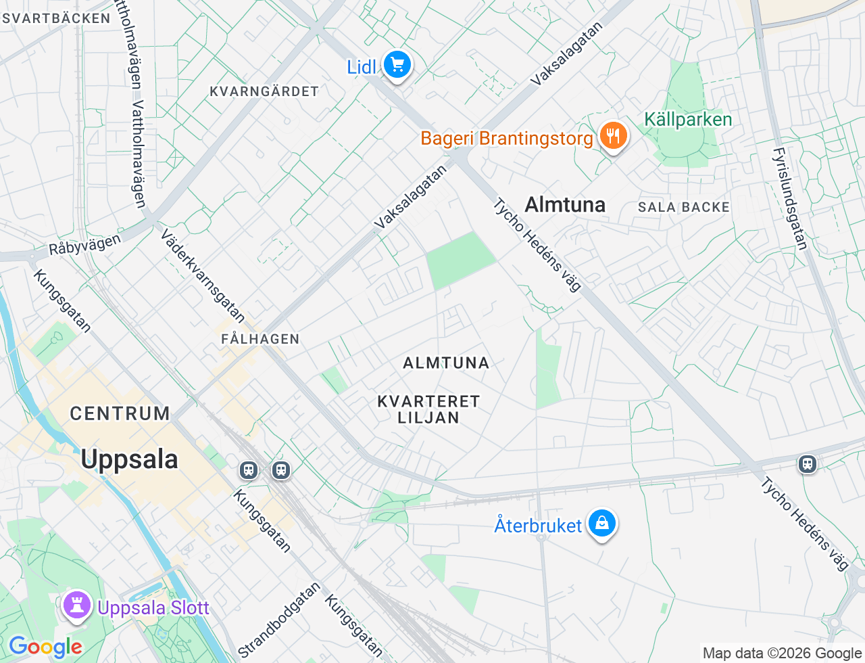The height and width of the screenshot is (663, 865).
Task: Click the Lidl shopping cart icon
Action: point(397,66)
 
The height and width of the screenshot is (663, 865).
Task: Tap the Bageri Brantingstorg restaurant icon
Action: point(613,136)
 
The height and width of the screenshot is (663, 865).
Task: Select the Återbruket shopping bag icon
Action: point(601,524)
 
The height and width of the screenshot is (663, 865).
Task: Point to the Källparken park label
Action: point(688,120)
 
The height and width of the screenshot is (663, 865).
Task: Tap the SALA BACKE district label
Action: point(684,207)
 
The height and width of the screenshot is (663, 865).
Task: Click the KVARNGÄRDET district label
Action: point(264,91)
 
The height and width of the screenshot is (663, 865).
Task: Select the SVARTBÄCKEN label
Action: point(57,18)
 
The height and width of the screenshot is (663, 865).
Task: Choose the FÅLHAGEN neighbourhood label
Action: point(260,339)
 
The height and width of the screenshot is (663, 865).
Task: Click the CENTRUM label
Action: point(120,413)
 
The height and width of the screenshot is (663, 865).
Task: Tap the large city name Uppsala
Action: point(129,459)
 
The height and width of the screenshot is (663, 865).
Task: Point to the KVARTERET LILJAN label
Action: point(428,409)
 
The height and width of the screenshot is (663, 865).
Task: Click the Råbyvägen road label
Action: point(85,245)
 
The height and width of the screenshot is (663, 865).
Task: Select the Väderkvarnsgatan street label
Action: point(203,275)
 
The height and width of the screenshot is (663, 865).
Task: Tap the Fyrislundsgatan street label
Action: point(790,199)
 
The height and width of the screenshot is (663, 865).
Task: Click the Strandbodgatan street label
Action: point(278,620)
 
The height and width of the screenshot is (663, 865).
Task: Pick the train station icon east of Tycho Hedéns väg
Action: point(807,464)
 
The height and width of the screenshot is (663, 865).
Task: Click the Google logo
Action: point(45,647)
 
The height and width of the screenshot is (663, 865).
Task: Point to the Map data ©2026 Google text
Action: point(782,653)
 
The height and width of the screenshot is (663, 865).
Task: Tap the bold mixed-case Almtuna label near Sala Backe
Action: point(565,204)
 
